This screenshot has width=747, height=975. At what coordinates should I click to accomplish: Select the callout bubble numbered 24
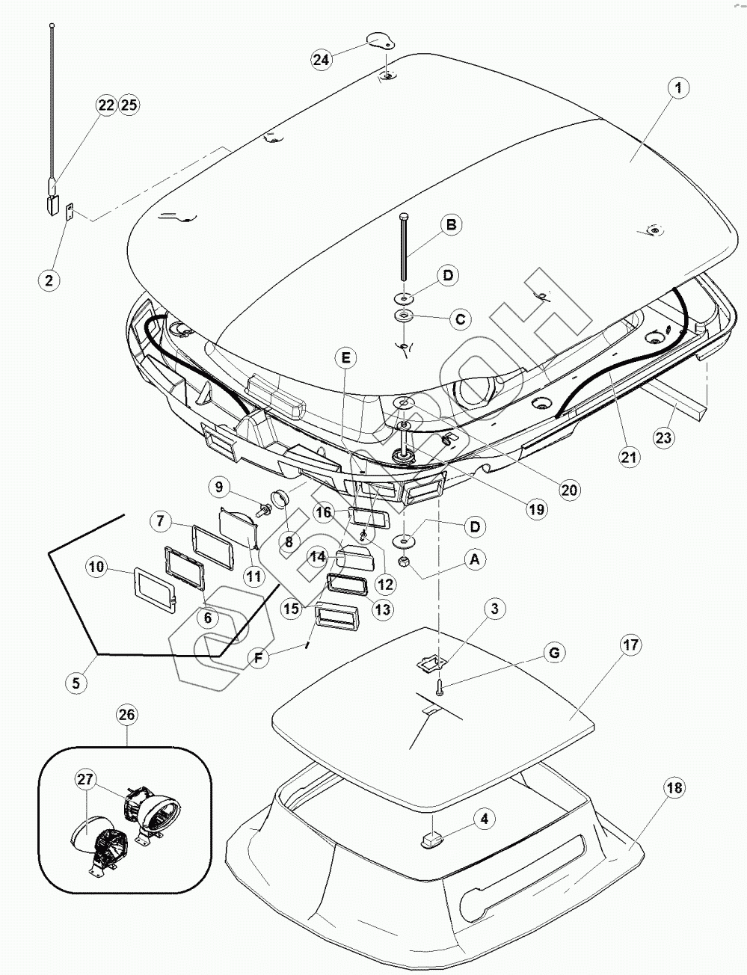pyautogui.click(x=322, y=60)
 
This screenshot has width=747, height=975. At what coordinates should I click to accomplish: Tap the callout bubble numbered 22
pyautogui.click(x=107, y=105)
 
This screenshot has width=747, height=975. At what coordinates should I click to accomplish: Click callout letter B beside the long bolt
pyautogui.click(x=451, y=224)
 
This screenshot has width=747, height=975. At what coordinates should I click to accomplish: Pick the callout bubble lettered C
pyautogui.click(x=461, y=319)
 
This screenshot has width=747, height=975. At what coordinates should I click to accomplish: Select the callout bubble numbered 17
pyautogui.click(x=630, y=645)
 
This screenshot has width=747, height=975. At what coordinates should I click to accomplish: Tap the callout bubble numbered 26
pyautogui.click(x=126, y=715)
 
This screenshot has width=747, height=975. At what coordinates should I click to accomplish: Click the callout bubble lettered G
pyautogui.click(x=554, y=653)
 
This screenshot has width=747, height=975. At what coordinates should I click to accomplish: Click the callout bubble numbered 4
pyautogui.click(x=485, y=819)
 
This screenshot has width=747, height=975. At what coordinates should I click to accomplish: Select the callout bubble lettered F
pyautogui.click(x=258, y=658)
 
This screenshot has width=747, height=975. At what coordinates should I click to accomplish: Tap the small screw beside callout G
pyautogui.click(x=440, y=686)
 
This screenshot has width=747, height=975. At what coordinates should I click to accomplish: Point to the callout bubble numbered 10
pyautogui.click(x=97, y=568)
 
